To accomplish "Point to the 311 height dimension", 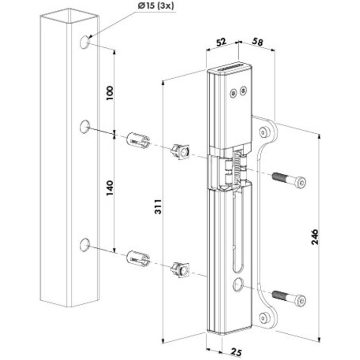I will [x=158, y=208].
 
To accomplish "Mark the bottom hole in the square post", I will [x=84, y=245].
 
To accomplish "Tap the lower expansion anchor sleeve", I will [x=137, y=258].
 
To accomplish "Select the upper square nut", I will [x=180, y=151].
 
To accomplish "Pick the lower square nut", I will [x=180, y=268].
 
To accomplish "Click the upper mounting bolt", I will [x=288, y=180].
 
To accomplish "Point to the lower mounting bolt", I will [x=288, y=297].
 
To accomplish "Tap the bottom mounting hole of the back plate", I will [x=265, y=317].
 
